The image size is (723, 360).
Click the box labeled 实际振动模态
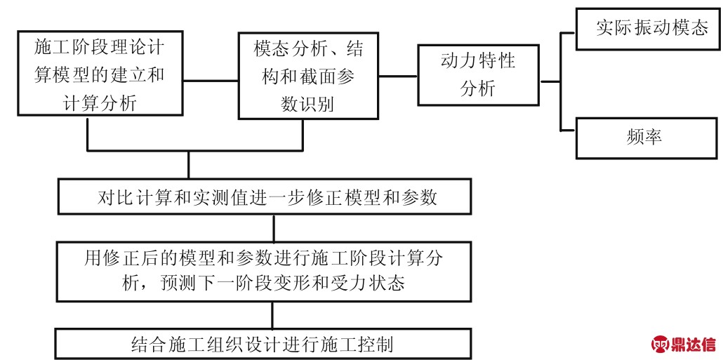(x=647, y=29)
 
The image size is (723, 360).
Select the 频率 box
(x=647, y=138)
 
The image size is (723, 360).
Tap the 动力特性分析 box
(x=479, y=74)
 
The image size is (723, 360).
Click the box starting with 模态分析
(x=308, y=76)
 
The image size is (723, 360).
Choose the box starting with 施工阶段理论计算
(x=100, y=73)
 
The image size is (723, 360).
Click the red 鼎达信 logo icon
(x=661, y=344)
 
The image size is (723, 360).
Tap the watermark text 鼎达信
(x=694, y=345)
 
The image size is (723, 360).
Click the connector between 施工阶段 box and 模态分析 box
(x=211, y=81)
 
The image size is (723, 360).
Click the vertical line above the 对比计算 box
(x=189, y=164)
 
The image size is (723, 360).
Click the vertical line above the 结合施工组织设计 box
(x=272, y=315)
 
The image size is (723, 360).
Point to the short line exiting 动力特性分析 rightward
(x=550, y=81)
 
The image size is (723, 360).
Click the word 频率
(x=644, y=138)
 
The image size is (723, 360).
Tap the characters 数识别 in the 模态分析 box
(x=307, y=104)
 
